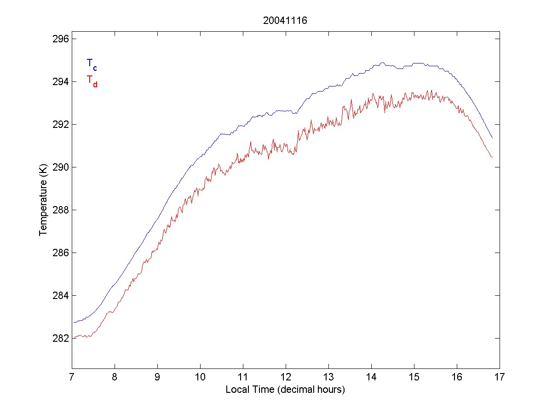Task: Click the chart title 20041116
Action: (x=285, y=21)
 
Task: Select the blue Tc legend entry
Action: (x=92, y=64)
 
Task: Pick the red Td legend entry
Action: (x=92, y=80)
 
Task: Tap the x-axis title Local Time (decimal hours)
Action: (x=285, y=390)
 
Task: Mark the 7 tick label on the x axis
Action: (x=72, y=378)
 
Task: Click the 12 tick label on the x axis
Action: (x=286, y=378)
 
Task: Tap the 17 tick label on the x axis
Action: (x=500, y=378)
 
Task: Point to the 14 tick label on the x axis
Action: (x=371, y=378)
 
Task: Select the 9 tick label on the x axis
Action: (x=157, y=378)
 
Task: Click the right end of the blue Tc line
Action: (x=492, y=138)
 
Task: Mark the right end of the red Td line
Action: (x=492, y=157)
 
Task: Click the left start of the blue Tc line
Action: (x=73, y=322)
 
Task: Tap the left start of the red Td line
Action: (x=73, y=338)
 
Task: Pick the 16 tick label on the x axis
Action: (x=457, y=378)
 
